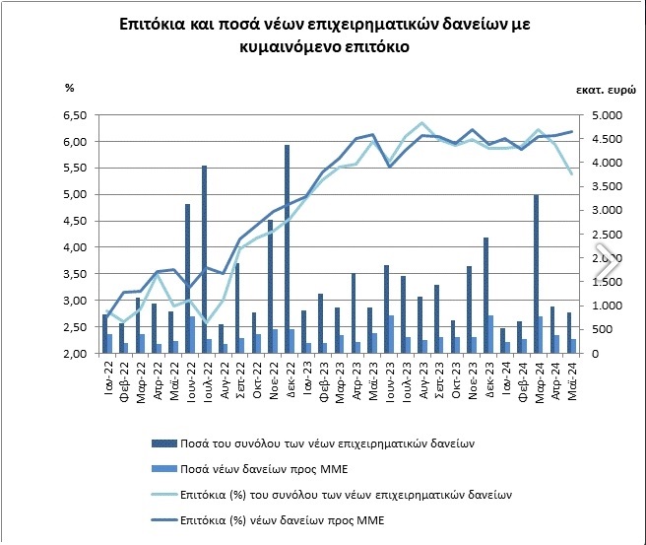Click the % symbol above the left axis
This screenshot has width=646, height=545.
click(70, 88)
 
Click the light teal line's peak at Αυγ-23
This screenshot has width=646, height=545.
click(422, 123)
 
